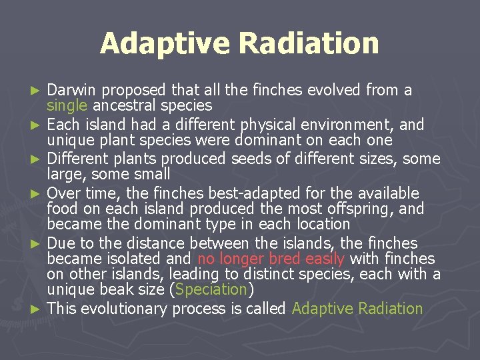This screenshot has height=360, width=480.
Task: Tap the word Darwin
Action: click(x=75, y=90)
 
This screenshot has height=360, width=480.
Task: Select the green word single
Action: click(x=68, y=105)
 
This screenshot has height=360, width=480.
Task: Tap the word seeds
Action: click(x=251, y=159)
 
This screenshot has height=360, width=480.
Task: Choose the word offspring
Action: click(x=364, y=209)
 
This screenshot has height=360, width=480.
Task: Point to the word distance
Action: click(x=139, y=244)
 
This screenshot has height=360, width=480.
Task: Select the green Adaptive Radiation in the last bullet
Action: click(x=357, y=309)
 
